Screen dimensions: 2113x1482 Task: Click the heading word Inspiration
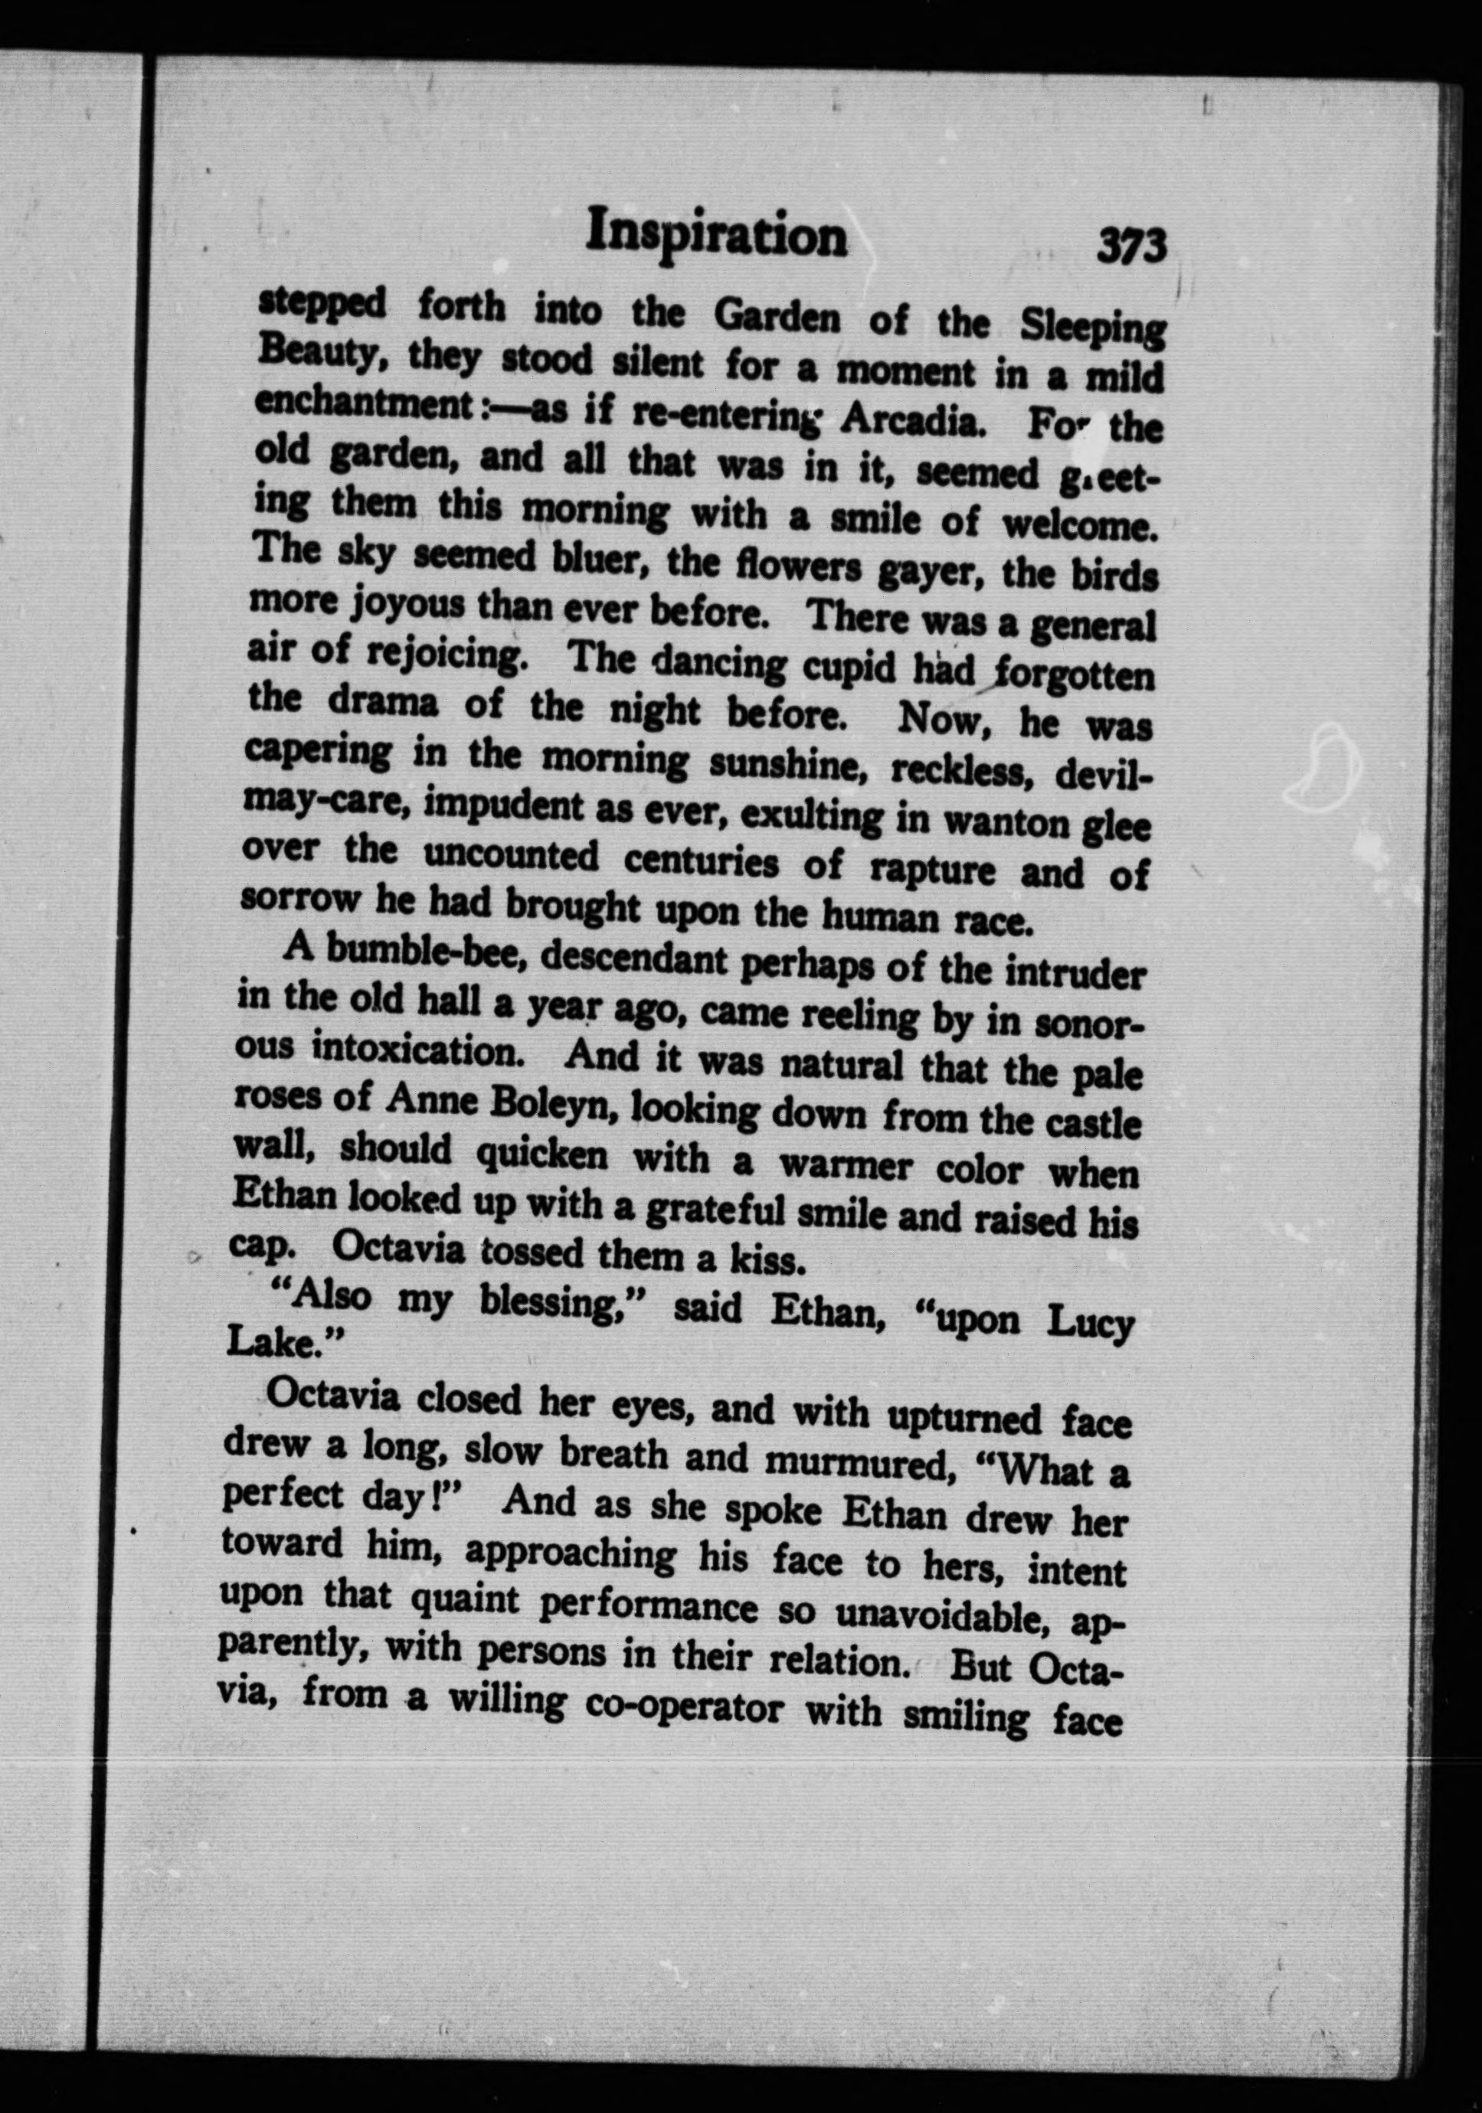click(x=717, y=235)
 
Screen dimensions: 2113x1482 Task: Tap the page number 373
click(x=1131, y=247)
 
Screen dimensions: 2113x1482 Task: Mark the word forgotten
click(x=1072, y=679)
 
